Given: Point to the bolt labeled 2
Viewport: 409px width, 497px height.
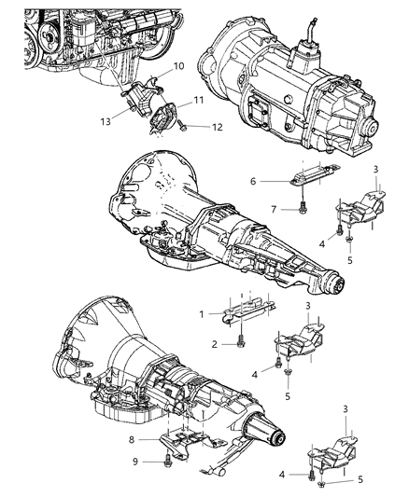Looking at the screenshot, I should (240, 343).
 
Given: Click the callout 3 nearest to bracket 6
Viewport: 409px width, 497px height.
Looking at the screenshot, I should (350, 193).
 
